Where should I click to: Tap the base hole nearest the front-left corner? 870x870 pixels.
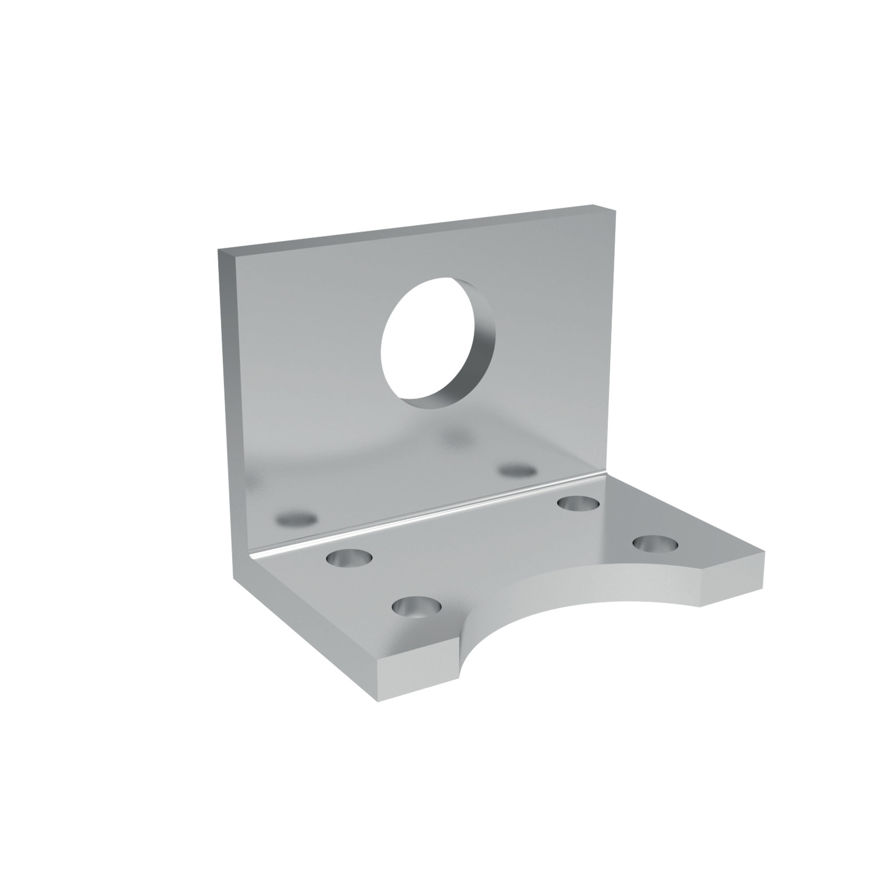pyautogui.click(x=416, y=607)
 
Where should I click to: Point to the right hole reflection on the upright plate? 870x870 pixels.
pyautogui.click(x=518, y=469)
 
